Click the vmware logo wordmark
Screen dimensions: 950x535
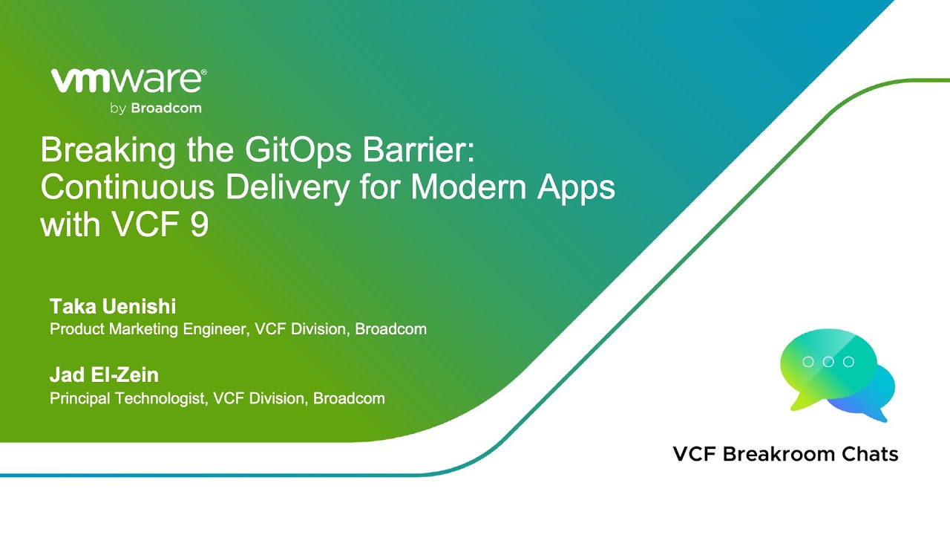tap(127, 81)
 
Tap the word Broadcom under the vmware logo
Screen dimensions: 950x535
tap(166, 108)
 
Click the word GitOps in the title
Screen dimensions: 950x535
tap(298, 150)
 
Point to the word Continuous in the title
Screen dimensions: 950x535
tap(128, 187)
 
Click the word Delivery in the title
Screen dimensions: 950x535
tap(288, 188)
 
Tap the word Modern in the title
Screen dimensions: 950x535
tap(468, 187)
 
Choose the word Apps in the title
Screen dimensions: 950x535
tap(576, 188)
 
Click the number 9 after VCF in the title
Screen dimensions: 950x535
tap(200, 224)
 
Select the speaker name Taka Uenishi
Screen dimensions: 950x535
tap(113, 307)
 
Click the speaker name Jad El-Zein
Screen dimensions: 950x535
tap(105, 375)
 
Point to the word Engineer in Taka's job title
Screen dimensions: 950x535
tap(216, 330)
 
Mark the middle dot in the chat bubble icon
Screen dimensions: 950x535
tap(828, 362)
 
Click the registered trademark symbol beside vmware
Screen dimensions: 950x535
tap(204, 73)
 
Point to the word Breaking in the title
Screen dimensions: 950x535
tap(108, 151)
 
